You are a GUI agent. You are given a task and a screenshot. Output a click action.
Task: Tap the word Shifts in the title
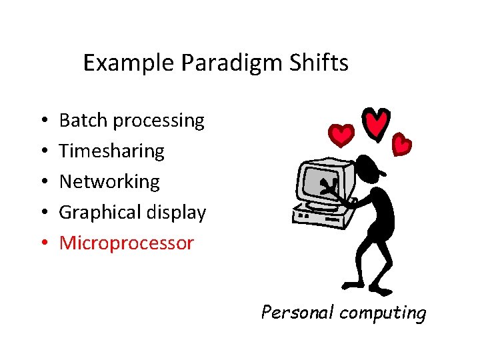tap(321, 63)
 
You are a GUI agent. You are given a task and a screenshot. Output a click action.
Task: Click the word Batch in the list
tap(84, 121)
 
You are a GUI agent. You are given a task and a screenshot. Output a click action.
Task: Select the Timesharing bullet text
tap(111, 151)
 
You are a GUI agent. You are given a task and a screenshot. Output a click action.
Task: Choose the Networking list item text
tap(109, 182)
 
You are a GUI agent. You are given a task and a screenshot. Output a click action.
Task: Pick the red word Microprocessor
tap(126, 243)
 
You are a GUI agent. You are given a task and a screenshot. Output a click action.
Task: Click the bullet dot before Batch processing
tap(42, 121)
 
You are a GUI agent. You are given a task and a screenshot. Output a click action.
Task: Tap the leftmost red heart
tap(342, 135)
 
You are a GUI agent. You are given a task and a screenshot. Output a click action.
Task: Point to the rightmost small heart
tap(401, 143)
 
